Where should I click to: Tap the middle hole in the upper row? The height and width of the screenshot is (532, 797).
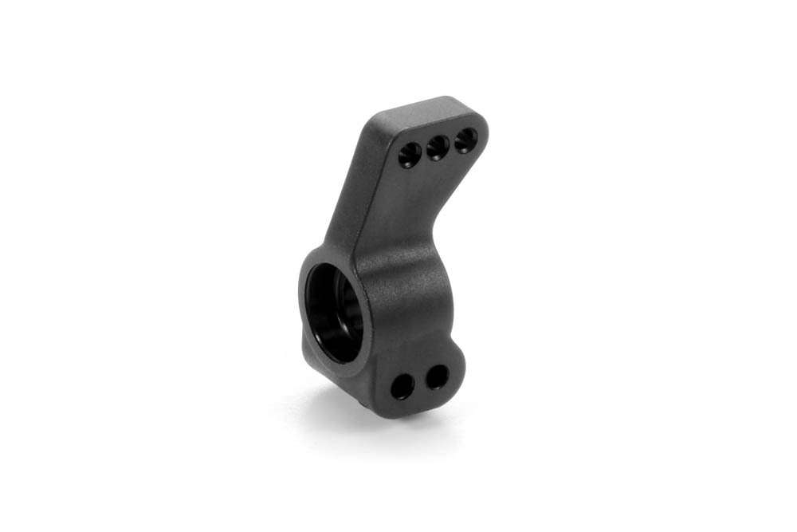pyautogui.click(x=436, y=147)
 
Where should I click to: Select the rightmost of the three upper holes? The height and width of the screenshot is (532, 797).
pyautogui.click(x=464, y=141)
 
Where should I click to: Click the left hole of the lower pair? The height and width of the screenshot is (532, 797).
pyautogui.click(x=402, y=387)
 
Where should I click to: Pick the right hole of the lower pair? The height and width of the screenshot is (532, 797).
pyautogui.click(x=436, y=377)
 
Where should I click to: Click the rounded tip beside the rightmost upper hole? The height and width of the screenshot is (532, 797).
pyautogui.click(x=481, y=132)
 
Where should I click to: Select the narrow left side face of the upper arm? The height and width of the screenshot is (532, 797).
pyautogui.click(x=351, y=191)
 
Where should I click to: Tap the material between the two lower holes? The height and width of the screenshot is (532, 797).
pyautogui.click(x=419, y=383)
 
